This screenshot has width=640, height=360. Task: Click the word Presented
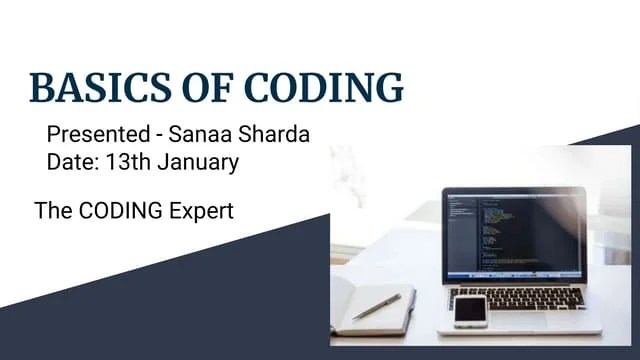tap(91, 134)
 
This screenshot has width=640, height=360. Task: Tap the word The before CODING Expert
tap(52, 211)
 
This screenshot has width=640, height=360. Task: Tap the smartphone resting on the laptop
tap(470, 310)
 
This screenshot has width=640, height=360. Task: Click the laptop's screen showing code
tap(513, 235)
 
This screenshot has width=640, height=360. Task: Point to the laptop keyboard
tap(520, 296)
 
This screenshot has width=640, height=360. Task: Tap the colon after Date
tap(90, 161)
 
